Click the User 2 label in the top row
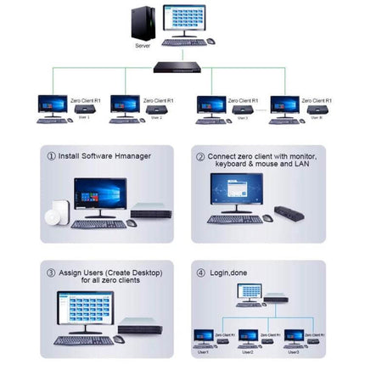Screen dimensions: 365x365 [157, 118]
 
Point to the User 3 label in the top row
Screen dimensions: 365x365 [242, 118]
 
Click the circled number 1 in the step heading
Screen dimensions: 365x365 [52, 157]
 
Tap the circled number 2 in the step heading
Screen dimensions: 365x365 [201, 157]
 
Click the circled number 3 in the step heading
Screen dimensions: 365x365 [52, 272]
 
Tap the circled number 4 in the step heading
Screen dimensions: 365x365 [201, 272]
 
